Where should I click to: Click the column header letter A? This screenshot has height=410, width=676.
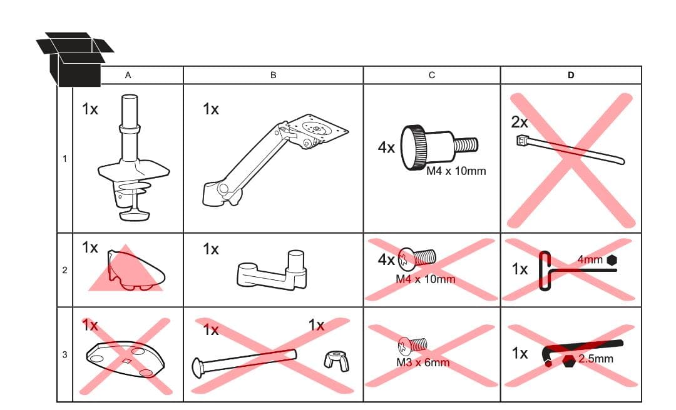[x=128, y=76]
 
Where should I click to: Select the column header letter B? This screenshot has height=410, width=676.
[x=273, y=76]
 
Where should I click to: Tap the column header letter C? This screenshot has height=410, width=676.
[x=431, y=76]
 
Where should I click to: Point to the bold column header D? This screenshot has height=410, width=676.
[x=571, y=76]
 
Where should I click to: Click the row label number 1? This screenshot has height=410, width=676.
[x=64, y=159]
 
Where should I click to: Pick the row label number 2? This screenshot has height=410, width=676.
[x=64, y=270]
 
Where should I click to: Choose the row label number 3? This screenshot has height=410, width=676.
[x=64, y=354]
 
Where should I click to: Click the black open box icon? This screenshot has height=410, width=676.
[x=74, y=59]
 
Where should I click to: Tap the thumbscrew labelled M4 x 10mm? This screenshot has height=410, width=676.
[x=439, y=147]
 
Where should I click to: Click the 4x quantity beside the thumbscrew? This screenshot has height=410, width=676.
[x=386, y=147]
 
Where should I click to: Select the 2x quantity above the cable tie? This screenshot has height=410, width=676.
[x=520, y=122]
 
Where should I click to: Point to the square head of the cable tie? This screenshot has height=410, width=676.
[x=522, y=141]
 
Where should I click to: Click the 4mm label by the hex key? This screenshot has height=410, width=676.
[x=590, y=260]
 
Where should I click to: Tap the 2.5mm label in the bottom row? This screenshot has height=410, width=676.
[x=596, y=359]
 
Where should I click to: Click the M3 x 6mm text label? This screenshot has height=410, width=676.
[x=423, y=362]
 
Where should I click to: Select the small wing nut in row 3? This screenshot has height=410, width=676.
[x=336, y=361]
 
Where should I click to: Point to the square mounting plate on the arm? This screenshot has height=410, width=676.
[x=317, y=128]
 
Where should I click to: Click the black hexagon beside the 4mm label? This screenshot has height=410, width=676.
[x=612, y=260]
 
